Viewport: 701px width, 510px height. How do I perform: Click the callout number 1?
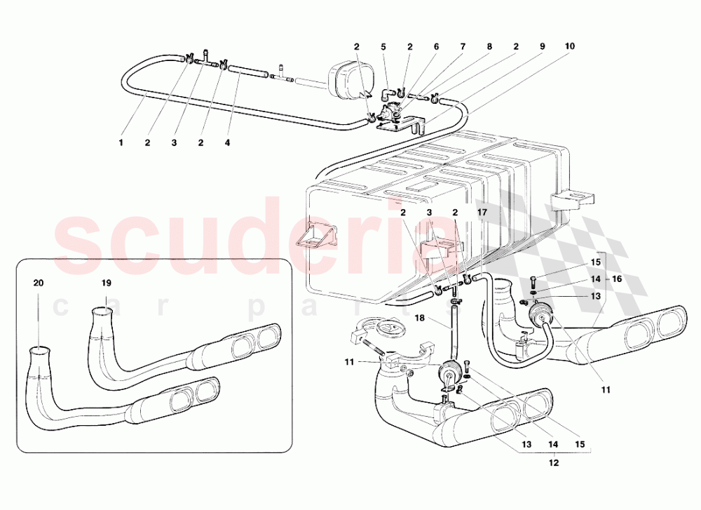pos(121,143)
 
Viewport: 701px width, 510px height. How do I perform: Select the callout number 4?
pos(227,143)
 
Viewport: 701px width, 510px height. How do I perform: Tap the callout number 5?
pos(383,47)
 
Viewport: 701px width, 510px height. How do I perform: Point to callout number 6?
pos(435,47)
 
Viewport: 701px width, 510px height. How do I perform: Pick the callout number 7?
pos(463,47)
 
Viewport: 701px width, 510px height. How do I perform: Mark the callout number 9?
pos(542,47)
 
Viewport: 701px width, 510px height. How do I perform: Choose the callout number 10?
pos(569,47)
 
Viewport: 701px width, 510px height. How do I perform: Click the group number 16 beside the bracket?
pos(618,279)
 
